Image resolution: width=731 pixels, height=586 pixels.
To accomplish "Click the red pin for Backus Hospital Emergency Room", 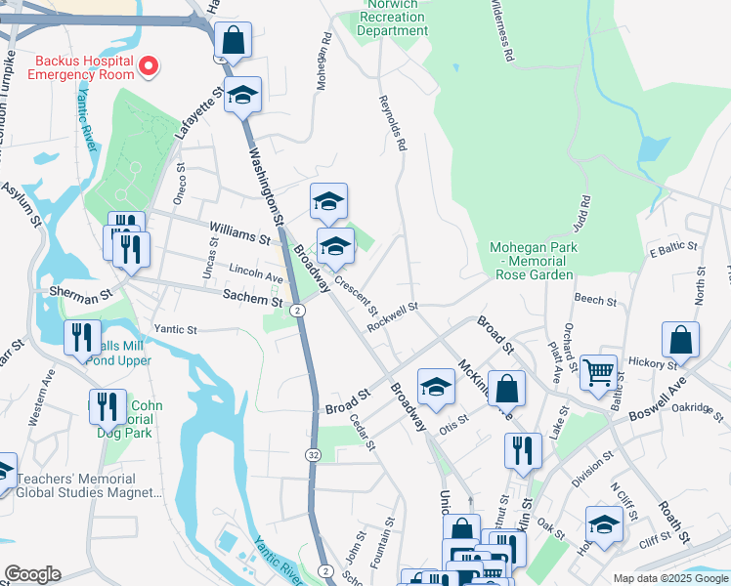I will point(150,66).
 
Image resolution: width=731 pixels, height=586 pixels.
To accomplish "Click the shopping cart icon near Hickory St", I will point(597,371).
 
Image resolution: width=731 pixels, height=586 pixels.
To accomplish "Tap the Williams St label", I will point(238,234).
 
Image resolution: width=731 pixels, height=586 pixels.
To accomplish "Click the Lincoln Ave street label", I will point(255,272).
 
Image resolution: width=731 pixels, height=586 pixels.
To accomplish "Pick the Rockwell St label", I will point(393,315).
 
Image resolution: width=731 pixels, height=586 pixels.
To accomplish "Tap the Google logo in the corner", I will point(33,573).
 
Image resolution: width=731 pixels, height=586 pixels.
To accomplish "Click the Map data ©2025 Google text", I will point(669,578).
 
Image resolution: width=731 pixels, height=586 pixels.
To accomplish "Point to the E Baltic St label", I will point(672,251).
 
